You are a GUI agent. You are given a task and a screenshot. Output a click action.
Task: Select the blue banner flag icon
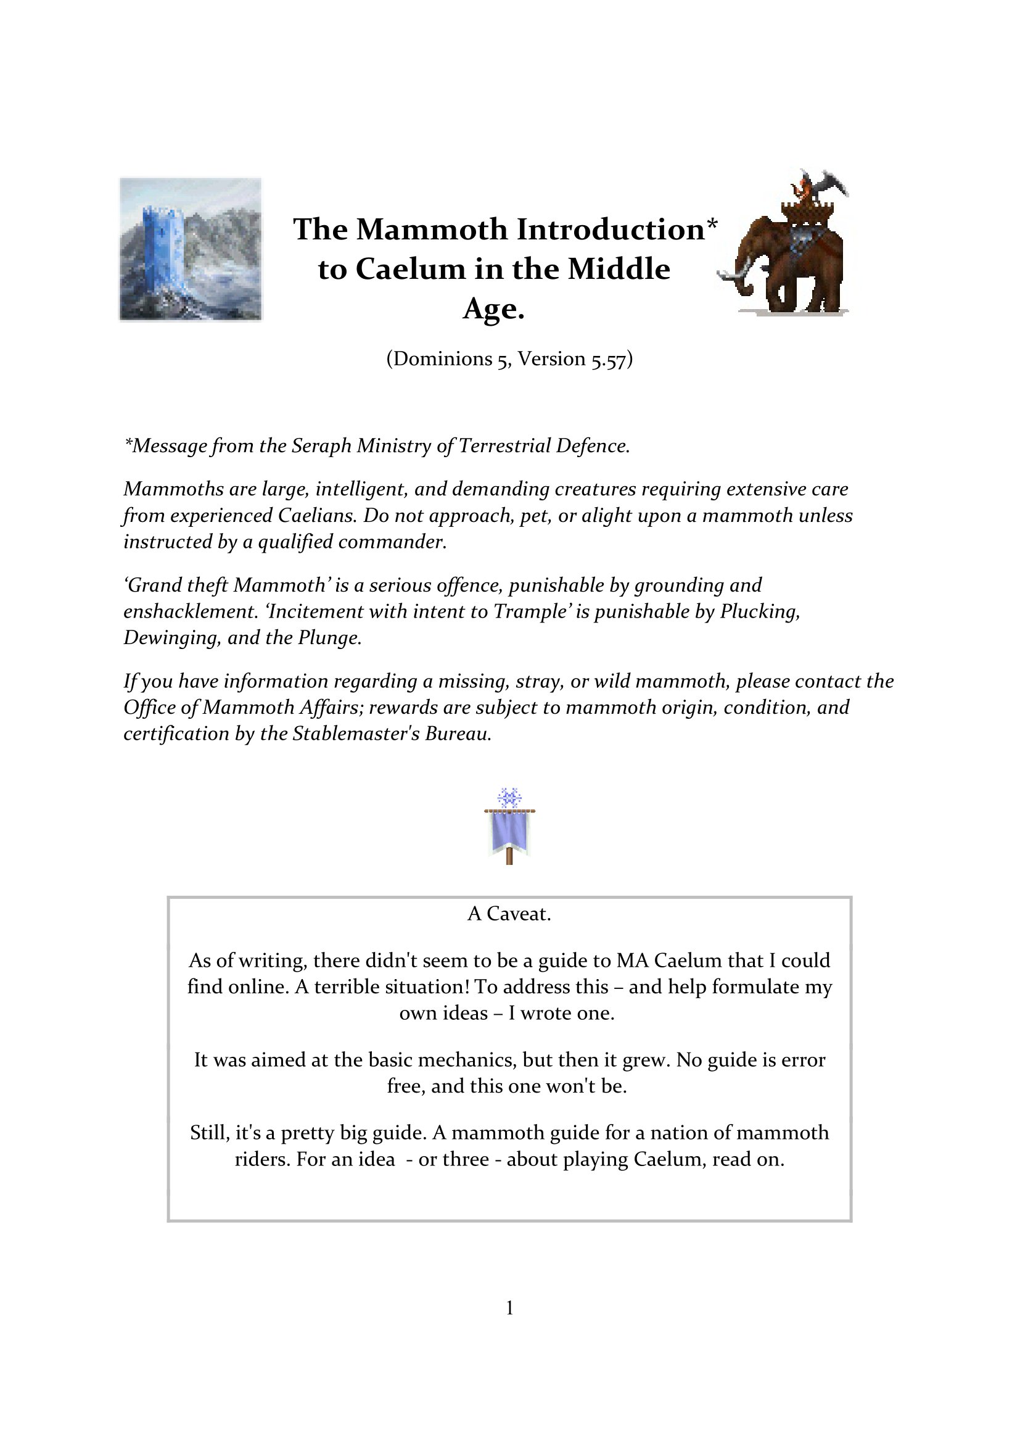tap(509, 831)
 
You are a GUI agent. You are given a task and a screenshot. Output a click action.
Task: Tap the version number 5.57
tap(607, 359)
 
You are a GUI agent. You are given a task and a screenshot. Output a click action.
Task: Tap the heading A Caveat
tap(509, 914)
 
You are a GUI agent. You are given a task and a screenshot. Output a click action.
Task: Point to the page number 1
tap(509, 1308)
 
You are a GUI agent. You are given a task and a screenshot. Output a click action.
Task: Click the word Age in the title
tap(494, 308)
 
